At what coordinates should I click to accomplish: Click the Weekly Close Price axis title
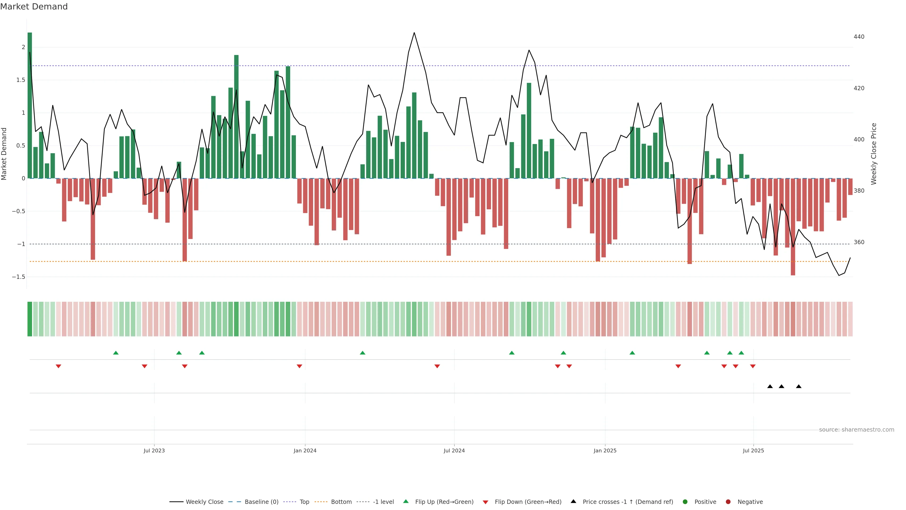[x=874, y=154]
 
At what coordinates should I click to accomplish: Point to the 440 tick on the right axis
[x=859, y=37]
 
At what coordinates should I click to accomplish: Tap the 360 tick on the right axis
[x=859, y=242]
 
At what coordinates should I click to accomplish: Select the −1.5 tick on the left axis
[x=19, y=277]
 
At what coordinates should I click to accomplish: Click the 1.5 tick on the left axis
[x=21, y=80]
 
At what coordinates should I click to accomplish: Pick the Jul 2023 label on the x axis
[x=154, y=450]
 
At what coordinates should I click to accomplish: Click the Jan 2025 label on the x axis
[x=605, y=450]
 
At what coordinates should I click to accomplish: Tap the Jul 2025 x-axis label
[x=753, y=450]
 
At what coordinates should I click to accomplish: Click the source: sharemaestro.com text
[x=856, y=430]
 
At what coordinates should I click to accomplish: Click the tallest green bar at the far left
[x=30, y=106]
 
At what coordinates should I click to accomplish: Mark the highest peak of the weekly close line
[x=414, y=33]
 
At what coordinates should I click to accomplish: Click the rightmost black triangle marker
[x=799, y=387]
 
